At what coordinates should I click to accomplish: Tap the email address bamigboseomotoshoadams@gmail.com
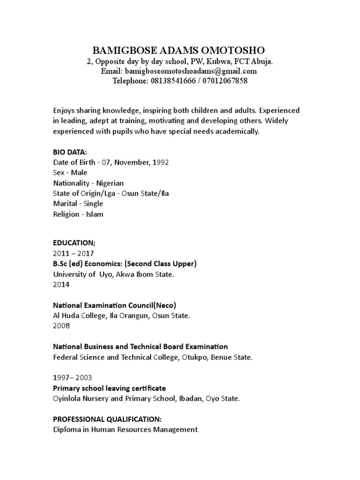pos(190,71)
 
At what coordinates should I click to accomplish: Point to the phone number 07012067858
pos(225,81)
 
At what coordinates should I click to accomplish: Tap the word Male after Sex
pos(79,172)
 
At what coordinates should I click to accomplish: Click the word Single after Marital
pos(93,204)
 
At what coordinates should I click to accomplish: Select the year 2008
pos(61,326)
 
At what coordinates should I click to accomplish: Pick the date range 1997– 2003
pos(73,377)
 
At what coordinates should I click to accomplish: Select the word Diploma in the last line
pos(67,429)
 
